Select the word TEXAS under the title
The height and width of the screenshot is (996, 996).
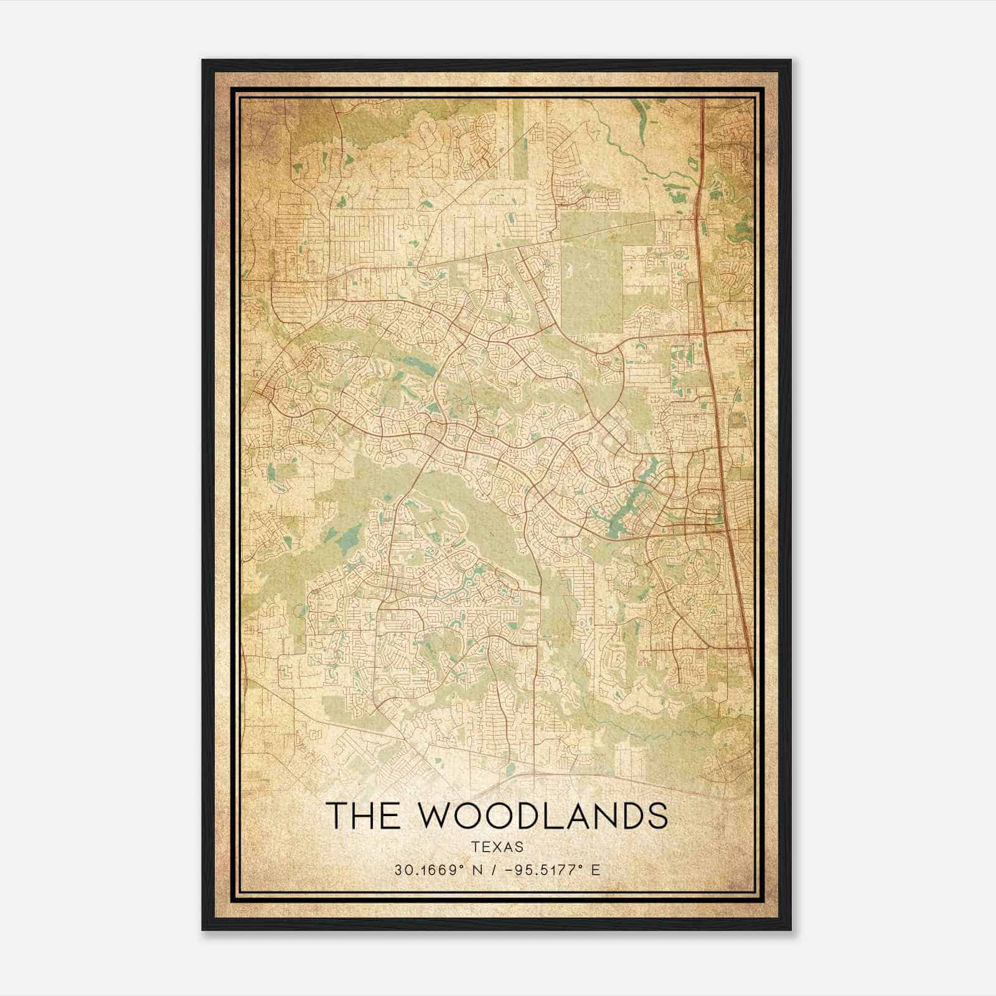497,847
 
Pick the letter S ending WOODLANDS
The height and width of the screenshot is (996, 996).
657,816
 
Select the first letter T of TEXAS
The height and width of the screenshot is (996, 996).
475,847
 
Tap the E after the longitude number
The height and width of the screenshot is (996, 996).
596,870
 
